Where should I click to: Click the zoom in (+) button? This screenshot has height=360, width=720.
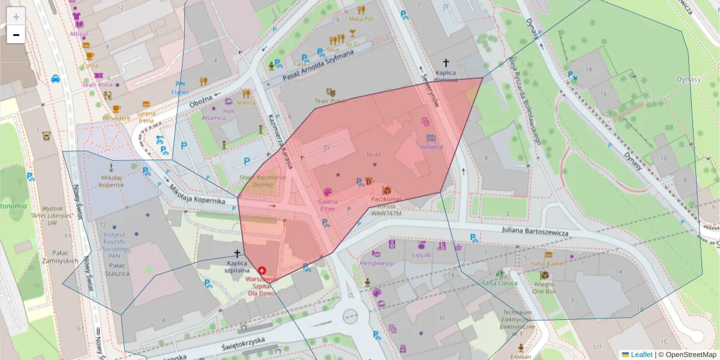16,16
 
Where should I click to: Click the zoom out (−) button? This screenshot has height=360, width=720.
16,35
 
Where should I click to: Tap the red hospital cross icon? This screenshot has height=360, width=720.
262,271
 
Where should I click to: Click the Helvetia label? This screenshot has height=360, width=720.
431,147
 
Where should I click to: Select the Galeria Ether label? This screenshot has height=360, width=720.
328,205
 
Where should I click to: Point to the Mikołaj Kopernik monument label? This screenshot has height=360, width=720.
112,181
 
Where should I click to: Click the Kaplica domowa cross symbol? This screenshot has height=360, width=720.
446,62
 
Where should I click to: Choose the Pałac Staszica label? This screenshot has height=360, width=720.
116,269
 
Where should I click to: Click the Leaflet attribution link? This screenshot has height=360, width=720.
641,355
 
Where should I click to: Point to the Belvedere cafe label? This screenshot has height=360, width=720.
116,118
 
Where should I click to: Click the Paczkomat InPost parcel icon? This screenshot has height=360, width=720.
386,190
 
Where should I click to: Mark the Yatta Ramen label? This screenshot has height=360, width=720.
548,263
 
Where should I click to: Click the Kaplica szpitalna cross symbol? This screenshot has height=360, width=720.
238,254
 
